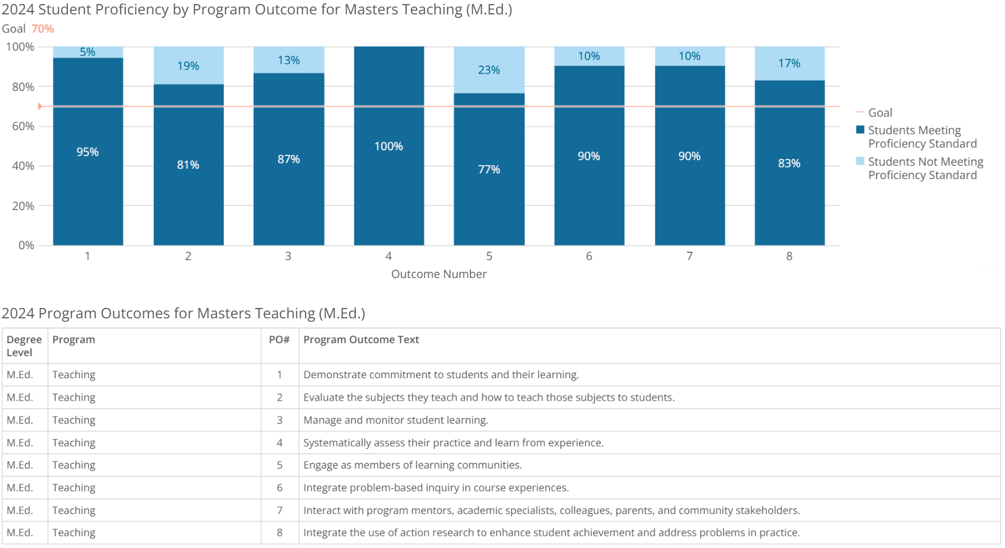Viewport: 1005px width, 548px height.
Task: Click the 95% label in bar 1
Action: (87, 152)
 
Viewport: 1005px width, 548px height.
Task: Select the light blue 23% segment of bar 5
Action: (489, 70)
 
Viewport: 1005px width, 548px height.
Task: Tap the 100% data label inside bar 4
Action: (389, 146)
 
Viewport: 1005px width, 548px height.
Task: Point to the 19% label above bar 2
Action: (188, 66)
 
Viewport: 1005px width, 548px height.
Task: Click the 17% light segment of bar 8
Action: (789, 63)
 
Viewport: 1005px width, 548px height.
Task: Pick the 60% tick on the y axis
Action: (23, 126)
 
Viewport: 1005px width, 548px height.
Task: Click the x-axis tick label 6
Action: (589, 256)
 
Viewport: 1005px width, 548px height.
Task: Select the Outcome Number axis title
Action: (439, 274)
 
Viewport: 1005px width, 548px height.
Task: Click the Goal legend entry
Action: (880, 113)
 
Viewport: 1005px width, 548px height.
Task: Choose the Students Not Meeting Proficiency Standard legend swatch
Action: (860, 161)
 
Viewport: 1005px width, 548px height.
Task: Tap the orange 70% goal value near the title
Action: (43, 29)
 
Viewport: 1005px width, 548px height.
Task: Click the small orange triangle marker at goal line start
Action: (40, 106)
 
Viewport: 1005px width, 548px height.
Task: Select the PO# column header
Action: (279, 340)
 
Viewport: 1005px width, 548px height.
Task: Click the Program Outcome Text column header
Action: (361, 340)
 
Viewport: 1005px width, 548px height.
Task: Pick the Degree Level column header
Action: (24, 346)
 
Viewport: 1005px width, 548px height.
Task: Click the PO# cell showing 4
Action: (280, 443)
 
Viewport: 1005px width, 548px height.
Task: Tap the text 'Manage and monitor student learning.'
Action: (396, 420)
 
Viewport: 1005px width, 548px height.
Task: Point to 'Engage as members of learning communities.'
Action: (412, 465)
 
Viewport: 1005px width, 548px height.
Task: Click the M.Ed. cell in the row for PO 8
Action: (20, 532)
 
